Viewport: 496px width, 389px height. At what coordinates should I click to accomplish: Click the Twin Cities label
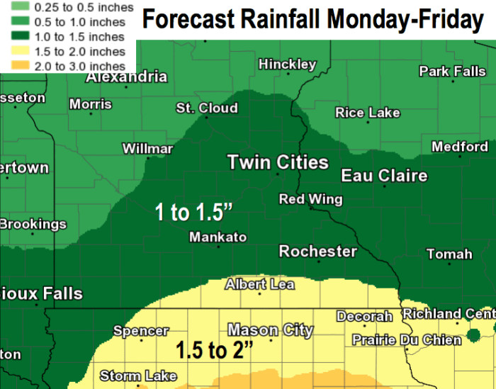click(278, 162)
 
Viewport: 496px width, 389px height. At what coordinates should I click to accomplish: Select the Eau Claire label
click(384, 176)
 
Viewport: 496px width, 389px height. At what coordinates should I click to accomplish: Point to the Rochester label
click(317, 252)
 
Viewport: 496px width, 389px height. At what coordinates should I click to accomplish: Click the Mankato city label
click(218, 237)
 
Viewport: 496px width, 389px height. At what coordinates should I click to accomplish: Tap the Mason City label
click(270, 330)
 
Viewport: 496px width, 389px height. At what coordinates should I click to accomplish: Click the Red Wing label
click(310, 199)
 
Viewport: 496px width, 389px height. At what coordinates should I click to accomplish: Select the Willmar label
click(147, 149)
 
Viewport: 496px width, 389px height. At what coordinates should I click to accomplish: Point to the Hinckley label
click(287, 64)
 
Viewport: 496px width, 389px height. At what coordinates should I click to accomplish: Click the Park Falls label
click(452, 71)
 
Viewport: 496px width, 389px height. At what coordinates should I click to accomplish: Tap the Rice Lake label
click(367, 113)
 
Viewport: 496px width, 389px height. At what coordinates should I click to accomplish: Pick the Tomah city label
click(449, 254)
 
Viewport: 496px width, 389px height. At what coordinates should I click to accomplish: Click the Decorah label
click(364, 316)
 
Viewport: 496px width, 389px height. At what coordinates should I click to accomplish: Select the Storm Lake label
click(138, 376)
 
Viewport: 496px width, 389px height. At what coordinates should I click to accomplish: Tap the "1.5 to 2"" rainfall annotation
click(215, 350)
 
